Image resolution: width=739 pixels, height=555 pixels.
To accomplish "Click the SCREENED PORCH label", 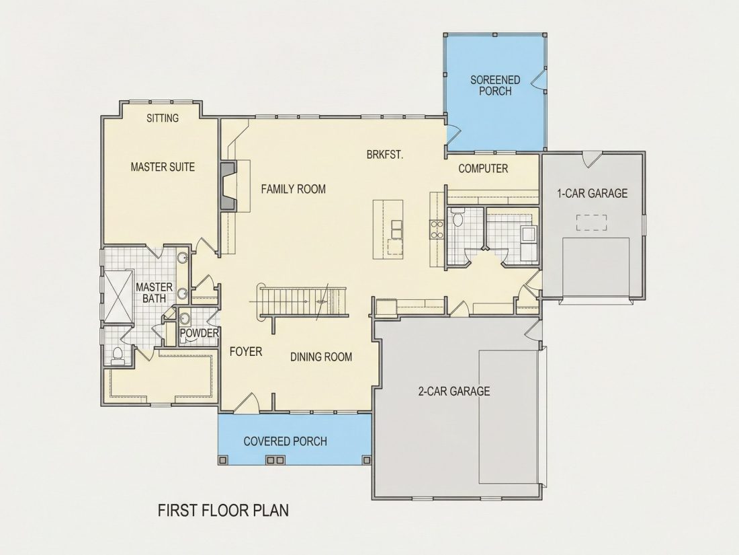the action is [x=495, y=85].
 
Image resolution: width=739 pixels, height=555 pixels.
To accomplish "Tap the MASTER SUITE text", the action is [x=163, y=167].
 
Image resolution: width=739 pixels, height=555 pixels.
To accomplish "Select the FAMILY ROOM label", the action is [x=293, y=189].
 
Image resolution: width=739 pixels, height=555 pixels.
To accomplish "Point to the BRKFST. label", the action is [x=385, y=154].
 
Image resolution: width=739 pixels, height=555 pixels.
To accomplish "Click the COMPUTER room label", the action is [x=483, y=168].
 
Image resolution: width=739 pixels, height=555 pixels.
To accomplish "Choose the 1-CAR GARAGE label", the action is [x=593, y=193].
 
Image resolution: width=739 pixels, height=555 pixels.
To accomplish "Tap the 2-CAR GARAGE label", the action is [x=454, y=392].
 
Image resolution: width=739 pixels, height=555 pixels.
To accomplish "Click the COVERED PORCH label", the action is [x=285, y=441].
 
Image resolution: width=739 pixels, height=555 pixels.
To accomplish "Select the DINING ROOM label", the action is [x=321, y=357].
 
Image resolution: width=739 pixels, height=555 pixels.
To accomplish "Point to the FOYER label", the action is [x=245, y=352].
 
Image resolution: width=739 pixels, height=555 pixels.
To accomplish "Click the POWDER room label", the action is [x=200, y=333].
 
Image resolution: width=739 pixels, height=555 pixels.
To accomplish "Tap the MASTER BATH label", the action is [x=154, y=293].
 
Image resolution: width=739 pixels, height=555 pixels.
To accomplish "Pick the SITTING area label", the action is [x=163, y=118].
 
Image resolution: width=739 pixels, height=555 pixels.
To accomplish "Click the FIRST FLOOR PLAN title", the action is [x=223, y=510].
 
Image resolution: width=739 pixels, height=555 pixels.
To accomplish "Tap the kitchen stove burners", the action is [x=437, y=229].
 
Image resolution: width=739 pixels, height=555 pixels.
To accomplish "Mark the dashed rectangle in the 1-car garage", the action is [x=591, y=223].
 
